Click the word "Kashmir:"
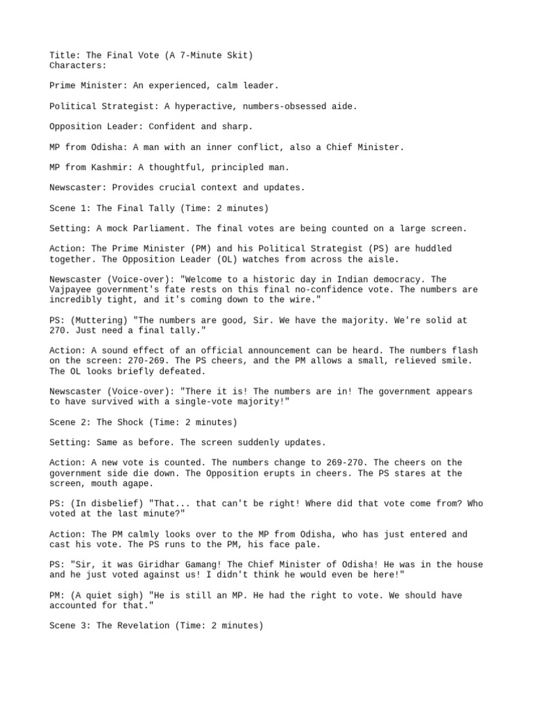click(115, 167)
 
